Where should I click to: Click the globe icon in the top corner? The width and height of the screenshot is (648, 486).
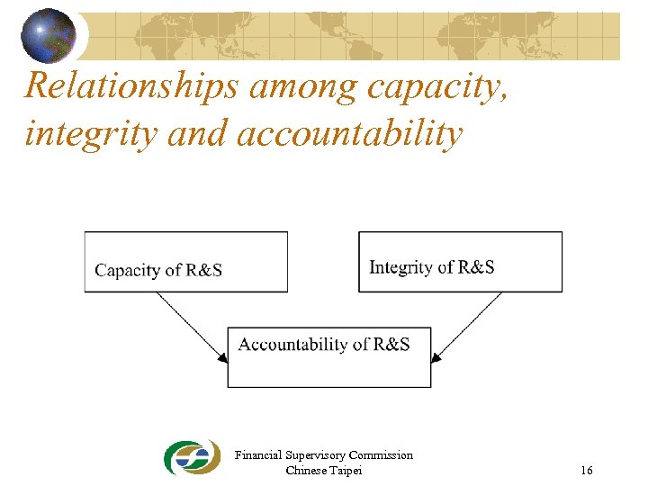click(x=48, y=35)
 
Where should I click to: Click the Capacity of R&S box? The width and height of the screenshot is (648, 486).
click(x=186, y=262)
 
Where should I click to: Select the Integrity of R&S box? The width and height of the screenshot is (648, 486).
click(x=460, y=262)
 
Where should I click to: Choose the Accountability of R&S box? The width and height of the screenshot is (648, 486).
click(x=328, y=357)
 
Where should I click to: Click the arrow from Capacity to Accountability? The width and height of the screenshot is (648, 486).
click(x=191, y=325)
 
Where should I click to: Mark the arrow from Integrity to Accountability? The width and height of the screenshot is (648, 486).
click(x=467, y=325)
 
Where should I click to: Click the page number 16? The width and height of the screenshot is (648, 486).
click(x=586, y=471)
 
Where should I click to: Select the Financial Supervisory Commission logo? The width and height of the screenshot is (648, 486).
click(x=192, y=457)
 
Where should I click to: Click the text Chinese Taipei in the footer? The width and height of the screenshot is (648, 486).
click(x=323, y=471)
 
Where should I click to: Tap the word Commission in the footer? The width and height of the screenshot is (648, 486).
click(x=381, y=455)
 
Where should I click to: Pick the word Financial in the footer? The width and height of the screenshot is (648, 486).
click(x=257, y=455)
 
